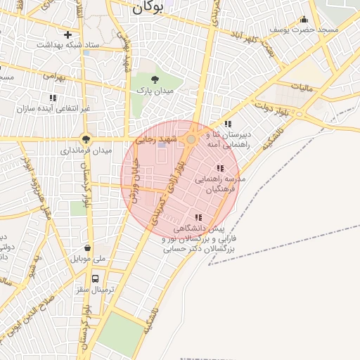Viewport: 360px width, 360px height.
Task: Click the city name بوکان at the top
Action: coord(147,8)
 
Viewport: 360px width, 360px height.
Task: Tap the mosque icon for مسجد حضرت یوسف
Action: coord(304,20)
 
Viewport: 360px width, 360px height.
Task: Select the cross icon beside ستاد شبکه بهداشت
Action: coord(68,34)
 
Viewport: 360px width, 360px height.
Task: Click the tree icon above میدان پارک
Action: coord(155,79)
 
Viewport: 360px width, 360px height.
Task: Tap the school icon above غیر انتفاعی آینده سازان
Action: coord(52,98)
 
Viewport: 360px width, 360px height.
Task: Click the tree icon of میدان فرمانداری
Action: coord(86,139)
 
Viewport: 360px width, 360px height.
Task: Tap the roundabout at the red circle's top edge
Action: coord(191,140)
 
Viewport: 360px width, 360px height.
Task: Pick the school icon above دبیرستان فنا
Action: coord(227,124)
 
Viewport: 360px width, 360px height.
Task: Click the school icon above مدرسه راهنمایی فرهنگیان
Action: coord(220,169)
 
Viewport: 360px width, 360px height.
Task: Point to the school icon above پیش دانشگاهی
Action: coord(198,218)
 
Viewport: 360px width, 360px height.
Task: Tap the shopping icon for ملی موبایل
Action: coord(87,247)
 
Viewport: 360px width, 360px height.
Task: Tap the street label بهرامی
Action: coord(53,75)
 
